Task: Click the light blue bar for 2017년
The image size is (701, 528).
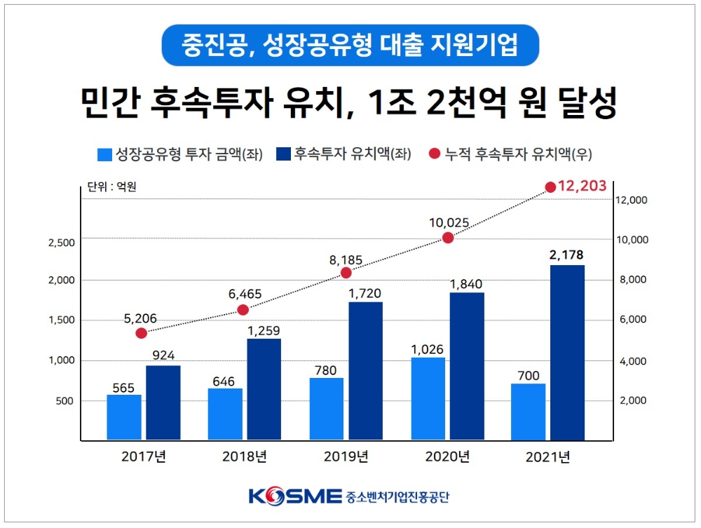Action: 124,417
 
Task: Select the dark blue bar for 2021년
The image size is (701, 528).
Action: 567,353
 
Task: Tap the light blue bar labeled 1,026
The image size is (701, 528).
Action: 428,398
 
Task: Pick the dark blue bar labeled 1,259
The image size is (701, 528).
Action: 264,389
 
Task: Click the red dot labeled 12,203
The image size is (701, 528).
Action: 550,187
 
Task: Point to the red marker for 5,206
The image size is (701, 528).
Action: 141,333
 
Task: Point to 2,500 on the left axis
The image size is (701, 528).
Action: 61,243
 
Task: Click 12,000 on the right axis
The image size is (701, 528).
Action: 632,201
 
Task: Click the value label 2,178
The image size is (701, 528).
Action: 567,255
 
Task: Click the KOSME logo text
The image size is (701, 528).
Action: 294,497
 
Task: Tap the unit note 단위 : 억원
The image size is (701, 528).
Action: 111,187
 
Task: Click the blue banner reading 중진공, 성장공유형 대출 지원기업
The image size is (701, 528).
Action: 350,46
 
